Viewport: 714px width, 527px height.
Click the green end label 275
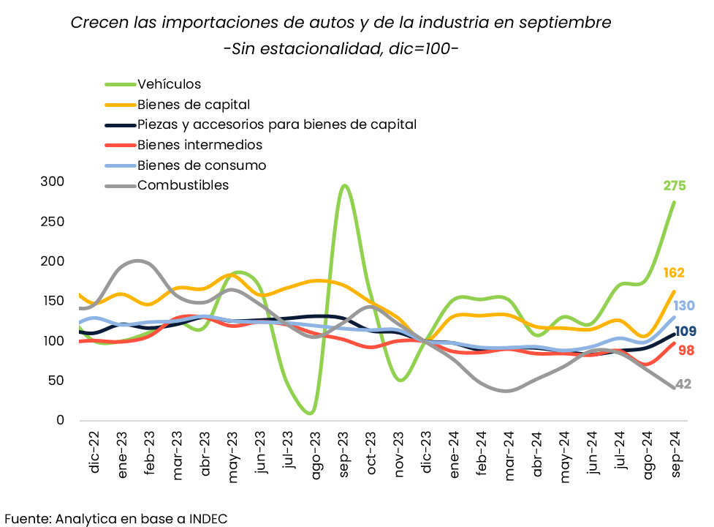click(675, 186)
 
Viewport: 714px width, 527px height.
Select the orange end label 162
click(674, 273)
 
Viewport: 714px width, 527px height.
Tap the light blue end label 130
click(684, 306)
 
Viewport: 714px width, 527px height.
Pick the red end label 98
click(685, 351)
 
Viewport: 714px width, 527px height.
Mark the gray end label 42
click(683, 384)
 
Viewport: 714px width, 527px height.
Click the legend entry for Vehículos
click(169, 84)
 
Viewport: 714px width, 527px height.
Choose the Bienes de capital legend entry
click(194, 105)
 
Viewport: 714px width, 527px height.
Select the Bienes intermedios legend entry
click(200, 145)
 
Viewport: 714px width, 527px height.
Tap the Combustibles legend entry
click(183, 185)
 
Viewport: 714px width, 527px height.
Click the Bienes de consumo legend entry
click(202, 165)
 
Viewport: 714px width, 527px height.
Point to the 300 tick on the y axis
click(51, 182)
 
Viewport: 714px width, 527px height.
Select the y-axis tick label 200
click(51, 261)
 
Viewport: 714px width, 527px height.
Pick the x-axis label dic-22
click(94, 454)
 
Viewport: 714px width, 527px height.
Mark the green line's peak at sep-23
click(344, 186)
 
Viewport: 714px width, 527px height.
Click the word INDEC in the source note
click(208, 518)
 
